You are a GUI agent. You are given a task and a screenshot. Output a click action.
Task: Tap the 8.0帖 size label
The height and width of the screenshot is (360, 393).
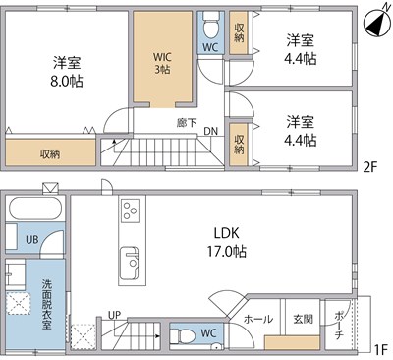pyautogui.click(x=67, y=81)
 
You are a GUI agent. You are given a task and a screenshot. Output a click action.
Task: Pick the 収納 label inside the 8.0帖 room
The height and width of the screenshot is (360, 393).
pyautogui.click(x=49, y=152)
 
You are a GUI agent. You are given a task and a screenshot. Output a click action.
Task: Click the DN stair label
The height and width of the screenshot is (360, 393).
pyautogui.click(x=210, y=132)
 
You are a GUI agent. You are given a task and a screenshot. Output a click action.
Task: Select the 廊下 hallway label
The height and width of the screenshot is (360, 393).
pyautogui.click(x=185, y=123)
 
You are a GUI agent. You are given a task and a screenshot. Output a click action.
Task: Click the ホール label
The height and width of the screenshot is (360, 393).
pyautogui.click(x=257, y=319)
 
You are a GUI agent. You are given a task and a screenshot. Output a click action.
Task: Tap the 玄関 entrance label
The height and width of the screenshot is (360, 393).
pyautogui.click(x=302, y=319)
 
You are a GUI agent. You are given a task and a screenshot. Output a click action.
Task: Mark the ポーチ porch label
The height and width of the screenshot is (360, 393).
pyautogui.click(x=339, y=318)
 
